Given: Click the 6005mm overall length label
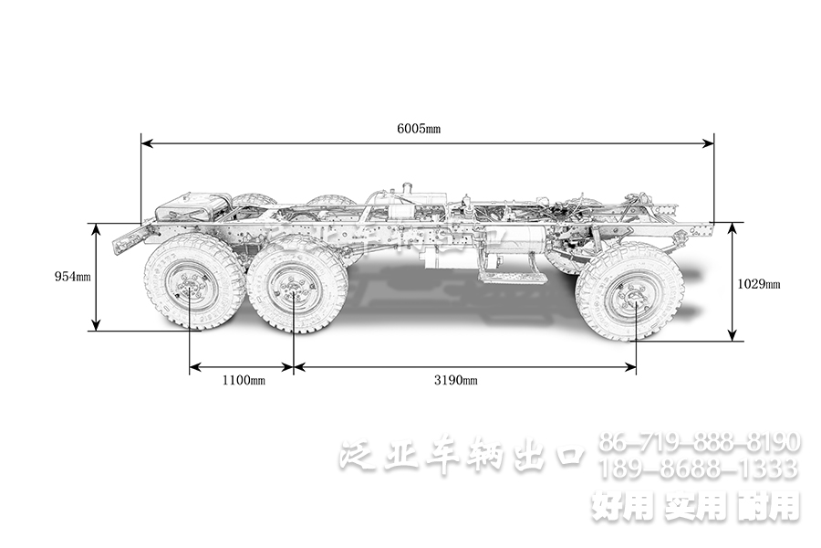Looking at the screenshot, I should (419, 129).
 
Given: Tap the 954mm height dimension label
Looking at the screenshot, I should (72, 276).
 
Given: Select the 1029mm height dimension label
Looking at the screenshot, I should (758, 283).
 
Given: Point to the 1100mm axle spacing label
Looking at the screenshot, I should (242, 380).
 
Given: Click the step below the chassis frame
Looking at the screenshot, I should (514, 271).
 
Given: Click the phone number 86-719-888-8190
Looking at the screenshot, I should (700, 444).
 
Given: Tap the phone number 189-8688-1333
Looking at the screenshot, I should (700, 469).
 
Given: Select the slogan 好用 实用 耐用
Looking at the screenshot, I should (695, 505).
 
